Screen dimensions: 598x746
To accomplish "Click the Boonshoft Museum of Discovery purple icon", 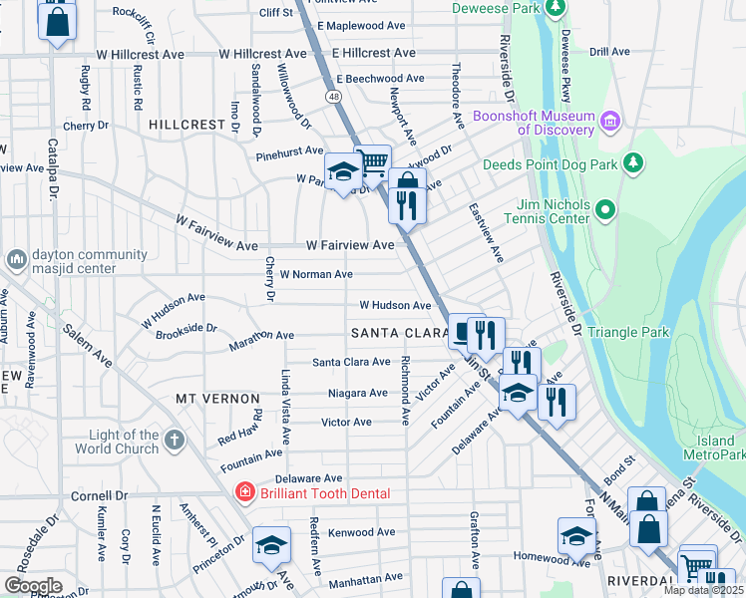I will (610, 122).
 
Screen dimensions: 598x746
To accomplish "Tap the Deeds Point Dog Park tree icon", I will (631, 162).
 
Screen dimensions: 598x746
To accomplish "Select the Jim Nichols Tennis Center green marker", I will (604, 210).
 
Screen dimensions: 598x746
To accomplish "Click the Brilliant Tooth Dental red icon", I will (241, 492).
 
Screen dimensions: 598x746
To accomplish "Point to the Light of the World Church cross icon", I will (175, 441).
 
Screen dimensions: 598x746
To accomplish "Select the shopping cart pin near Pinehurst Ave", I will (372, 161).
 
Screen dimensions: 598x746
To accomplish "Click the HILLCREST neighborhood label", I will (187, 125).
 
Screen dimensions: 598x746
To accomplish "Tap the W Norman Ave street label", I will (316, 274).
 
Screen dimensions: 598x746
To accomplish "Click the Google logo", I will (33, 586).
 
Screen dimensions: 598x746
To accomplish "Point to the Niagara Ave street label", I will (358, 393).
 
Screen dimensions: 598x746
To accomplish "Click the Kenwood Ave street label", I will (356, 533).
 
